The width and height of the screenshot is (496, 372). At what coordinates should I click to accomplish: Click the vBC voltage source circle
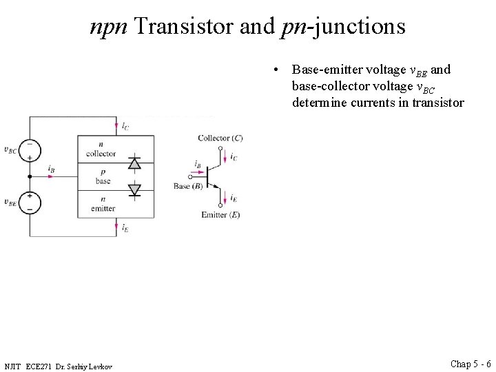(x=30, y=149)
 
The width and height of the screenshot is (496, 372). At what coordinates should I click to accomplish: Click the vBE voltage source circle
(x=30, y=203)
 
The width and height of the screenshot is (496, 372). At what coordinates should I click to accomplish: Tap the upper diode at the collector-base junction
(x=134, y=163)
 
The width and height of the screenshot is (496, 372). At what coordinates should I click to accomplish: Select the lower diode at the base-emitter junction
(x=134, y=189)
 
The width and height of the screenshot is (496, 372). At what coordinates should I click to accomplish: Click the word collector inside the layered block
(x=101, y=153)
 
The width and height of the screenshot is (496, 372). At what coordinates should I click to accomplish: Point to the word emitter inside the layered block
(x=103, y=208)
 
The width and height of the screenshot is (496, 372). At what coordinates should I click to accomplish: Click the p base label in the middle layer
(x=103, y=177)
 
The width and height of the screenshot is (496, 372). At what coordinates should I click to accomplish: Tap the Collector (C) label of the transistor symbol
(x=220, y=138)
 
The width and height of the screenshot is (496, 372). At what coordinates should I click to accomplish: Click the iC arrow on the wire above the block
(x=116, y=126)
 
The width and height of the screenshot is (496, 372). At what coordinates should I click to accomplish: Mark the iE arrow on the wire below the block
(x=116, y=227)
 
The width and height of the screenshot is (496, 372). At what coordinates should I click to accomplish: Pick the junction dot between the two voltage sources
(x=30, y=176)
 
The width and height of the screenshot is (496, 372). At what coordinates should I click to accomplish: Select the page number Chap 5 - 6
(x=471, y=363)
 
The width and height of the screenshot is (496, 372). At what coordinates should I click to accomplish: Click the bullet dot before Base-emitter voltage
(x=276, y=70)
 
